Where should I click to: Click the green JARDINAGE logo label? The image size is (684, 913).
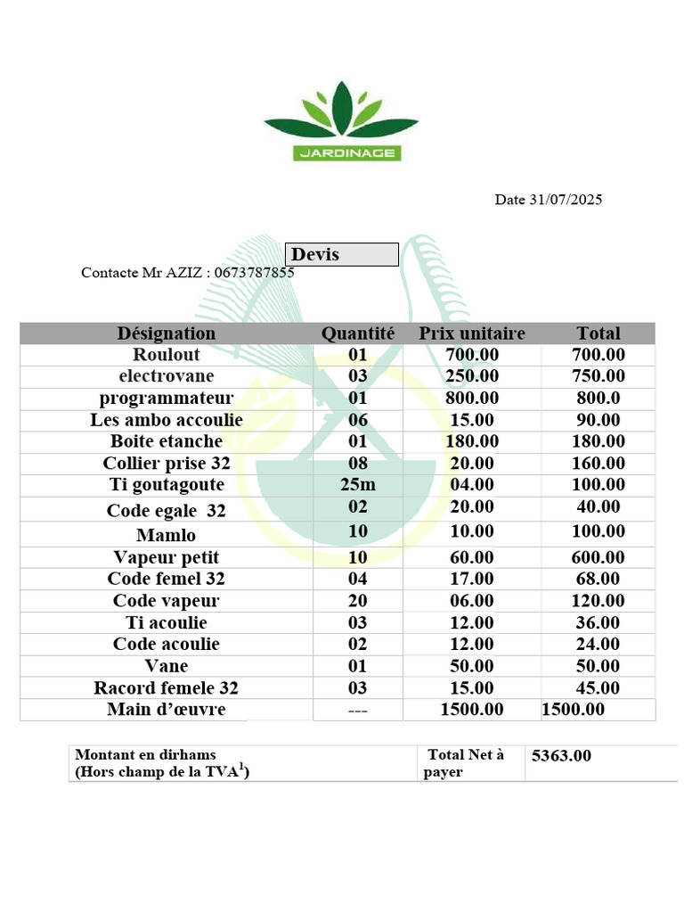point(346,153)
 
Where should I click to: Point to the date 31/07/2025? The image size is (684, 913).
point(566,200)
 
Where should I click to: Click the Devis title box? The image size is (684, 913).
point(341,255)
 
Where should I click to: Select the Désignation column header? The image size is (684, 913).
point(167,333)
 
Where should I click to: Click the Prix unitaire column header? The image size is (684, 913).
point(472,333)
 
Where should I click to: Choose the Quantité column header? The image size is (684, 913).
point(357,333)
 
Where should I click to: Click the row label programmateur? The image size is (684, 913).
point(167,398)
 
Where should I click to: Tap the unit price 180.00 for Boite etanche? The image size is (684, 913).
point(472,441)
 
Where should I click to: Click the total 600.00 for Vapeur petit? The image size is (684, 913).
point(598,557)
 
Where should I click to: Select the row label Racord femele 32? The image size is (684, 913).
point(167,688)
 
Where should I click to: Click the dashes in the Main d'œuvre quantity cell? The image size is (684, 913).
point(357,711)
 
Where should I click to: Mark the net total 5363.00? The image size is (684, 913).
point(561,757)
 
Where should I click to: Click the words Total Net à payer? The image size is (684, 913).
point(464,763)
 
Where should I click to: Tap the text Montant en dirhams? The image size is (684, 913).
point(146,754)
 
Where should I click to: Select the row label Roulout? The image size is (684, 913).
point(167,355)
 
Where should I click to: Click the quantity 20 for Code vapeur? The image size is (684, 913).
point(357,601)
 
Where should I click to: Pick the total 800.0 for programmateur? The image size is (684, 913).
point(598,398)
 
